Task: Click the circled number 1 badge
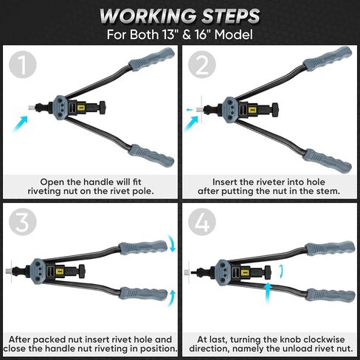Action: click(x=23, y=64)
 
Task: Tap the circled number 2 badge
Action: click(x=202, y=64)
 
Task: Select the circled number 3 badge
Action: click(x=23, y=222)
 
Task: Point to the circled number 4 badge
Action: click(x=202, y=222)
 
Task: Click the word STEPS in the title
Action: click(x=231, y=16)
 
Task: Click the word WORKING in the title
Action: click(x=148, y=16)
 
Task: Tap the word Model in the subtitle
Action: click(x=233, y=35)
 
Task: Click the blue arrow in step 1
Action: click(x=21, y=124)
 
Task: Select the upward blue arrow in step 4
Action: click(x=268, y=293)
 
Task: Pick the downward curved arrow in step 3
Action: click(x=172, y=243)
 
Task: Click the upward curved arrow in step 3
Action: click(x=172, y=298)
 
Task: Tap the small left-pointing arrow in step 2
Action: click(x=190, y=110)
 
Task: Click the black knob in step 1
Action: click(x=103, y=108)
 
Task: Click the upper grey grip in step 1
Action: click(x=152, y=59)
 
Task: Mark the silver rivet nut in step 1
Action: click(x=32, y=108)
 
